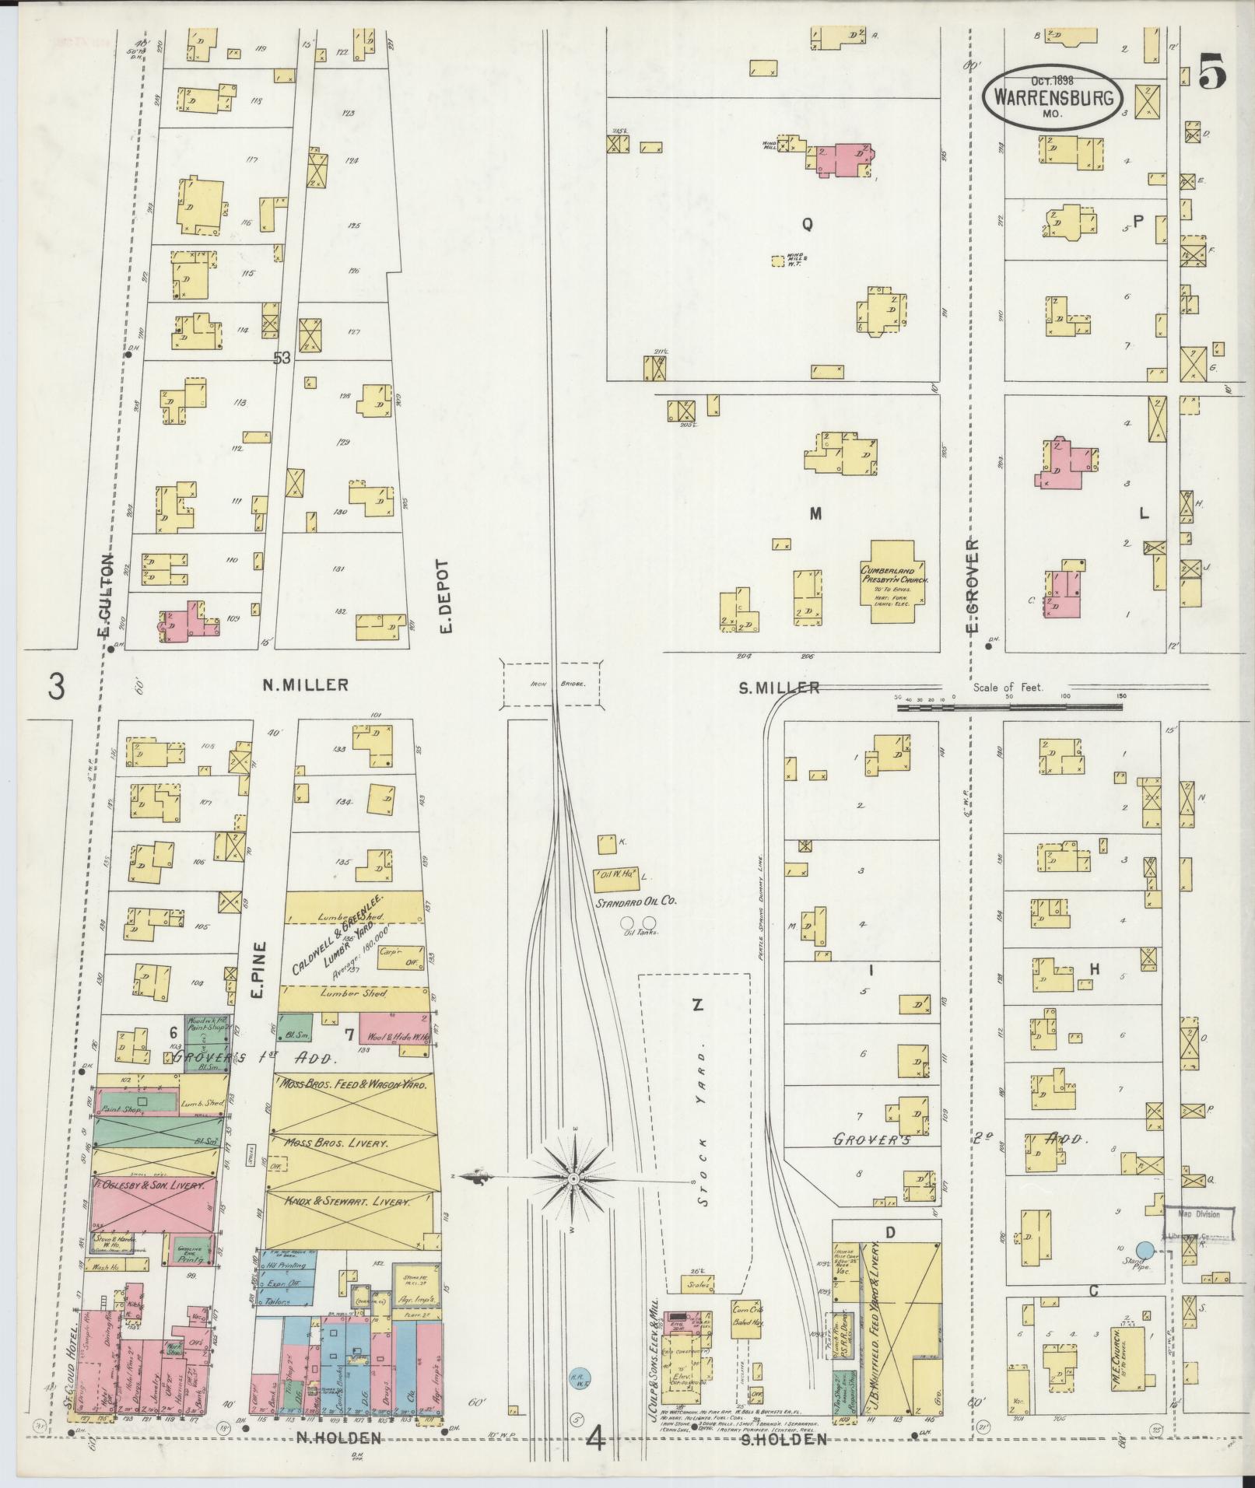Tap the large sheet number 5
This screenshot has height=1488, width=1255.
1211,73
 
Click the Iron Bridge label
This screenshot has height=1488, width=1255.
551,684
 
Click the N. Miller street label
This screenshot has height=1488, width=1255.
304,685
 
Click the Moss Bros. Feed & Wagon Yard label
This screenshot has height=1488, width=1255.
349,1085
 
